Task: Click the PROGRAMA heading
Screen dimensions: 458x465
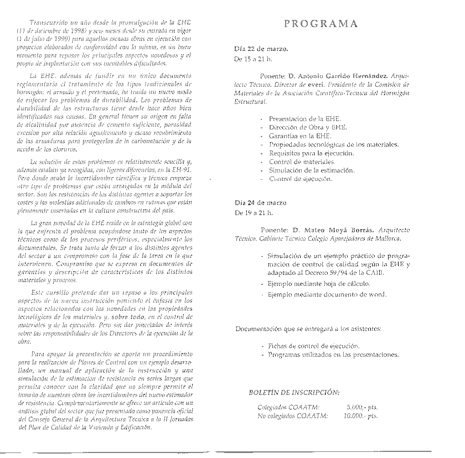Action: [321, 24]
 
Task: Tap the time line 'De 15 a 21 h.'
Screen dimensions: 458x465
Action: [254, 58]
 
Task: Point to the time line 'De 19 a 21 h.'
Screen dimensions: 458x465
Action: [254, 212]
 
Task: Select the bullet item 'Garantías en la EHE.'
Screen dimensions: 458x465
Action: [300, 136]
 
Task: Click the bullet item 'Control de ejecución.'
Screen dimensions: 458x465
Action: [301, 179]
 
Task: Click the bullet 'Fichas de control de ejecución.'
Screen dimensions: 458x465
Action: [313, 346]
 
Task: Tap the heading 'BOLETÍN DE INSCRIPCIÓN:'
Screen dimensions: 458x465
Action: [294, 393]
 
